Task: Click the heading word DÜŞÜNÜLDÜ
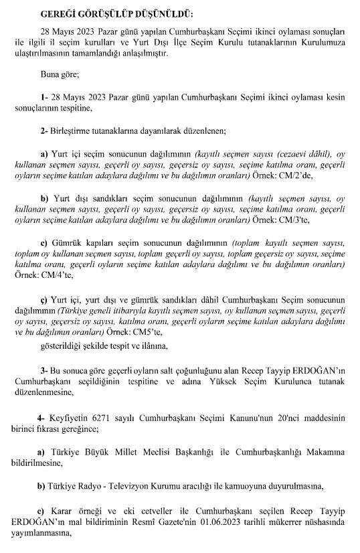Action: coord(157,13)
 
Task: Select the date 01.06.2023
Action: coord(234,526)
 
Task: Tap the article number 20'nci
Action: coord(274,417)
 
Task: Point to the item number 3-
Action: coord(43,370)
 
